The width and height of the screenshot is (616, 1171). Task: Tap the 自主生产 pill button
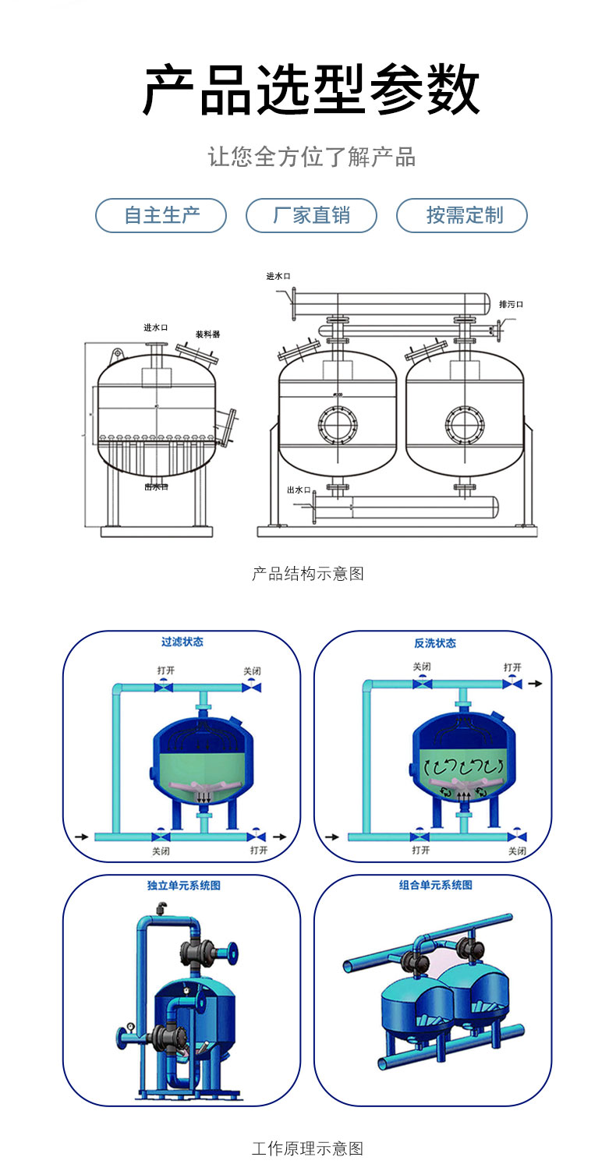161,215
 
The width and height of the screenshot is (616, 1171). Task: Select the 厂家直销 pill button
311,215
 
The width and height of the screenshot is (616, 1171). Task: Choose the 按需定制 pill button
462,215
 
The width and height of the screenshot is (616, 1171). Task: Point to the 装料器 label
207,334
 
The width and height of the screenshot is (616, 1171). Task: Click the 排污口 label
511,304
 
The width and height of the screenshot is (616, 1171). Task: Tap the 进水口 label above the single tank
156,327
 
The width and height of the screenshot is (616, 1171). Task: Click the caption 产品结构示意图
308,574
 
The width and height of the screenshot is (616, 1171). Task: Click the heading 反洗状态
435,643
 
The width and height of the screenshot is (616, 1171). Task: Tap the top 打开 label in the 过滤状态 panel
165,670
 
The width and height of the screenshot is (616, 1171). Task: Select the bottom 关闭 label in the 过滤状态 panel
161,851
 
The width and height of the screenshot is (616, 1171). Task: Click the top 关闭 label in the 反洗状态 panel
422,667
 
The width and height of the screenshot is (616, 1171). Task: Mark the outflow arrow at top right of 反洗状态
535,684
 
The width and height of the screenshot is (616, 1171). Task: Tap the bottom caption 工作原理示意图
308,1148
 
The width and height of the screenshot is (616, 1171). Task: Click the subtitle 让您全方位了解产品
311,157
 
